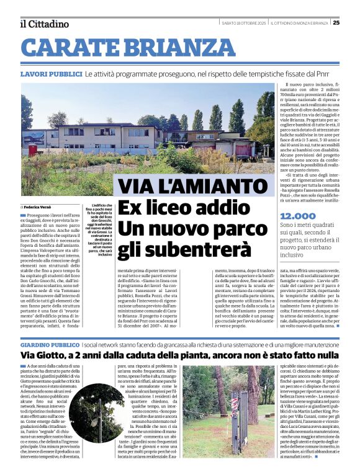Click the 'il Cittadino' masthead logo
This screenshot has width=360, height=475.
click(44, 24)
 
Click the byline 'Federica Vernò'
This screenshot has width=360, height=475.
click(40, 206)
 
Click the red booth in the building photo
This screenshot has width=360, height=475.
click(33, 149)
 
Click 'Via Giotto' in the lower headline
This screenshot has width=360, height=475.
click(48, 355)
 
